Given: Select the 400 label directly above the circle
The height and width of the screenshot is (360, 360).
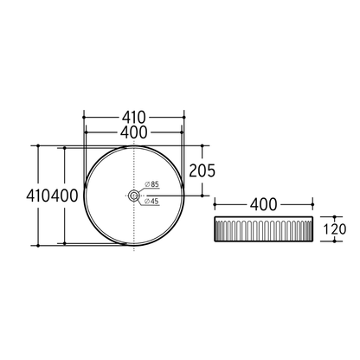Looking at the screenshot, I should click(134, 132).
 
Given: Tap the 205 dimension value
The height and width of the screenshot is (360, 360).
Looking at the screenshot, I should click(201, 171).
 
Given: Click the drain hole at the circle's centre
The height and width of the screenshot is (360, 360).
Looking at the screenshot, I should click(134, 196).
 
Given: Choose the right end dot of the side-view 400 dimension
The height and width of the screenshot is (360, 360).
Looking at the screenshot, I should click(312, 204).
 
